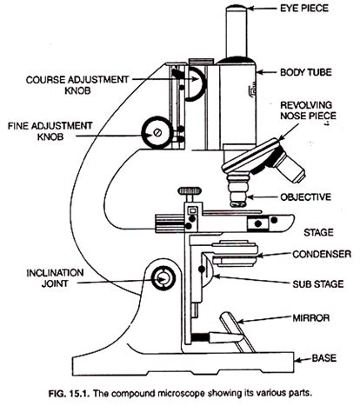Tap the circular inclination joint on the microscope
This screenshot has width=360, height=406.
tap(163, 278)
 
